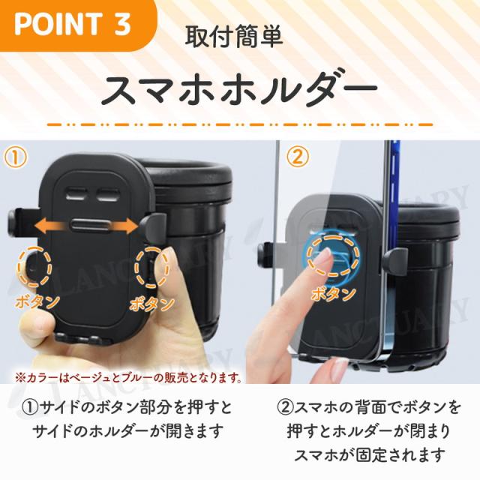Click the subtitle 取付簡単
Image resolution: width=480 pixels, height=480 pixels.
tap(233, 37)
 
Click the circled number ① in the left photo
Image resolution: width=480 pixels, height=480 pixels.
tap(15, 157)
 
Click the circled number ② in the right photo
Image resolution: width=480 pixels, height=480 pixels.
tap(298, 157)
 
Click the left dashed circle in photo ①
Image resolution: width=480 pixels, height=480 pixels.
tap(34, 266)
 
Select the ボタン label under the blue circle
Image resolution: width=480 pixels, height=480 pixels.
tap(333, 293)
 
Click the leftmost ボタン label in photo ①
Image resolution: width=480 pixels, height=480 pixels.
tap(37, 301)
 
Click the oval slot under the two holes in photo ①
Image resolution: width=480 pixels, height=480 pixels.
tap(90, 226)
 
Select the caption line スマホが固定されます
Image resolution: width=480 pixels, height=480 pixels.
tap(369, 454)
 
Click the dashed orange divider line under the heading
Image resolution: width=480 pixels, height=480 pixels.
tap(240, 125)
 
